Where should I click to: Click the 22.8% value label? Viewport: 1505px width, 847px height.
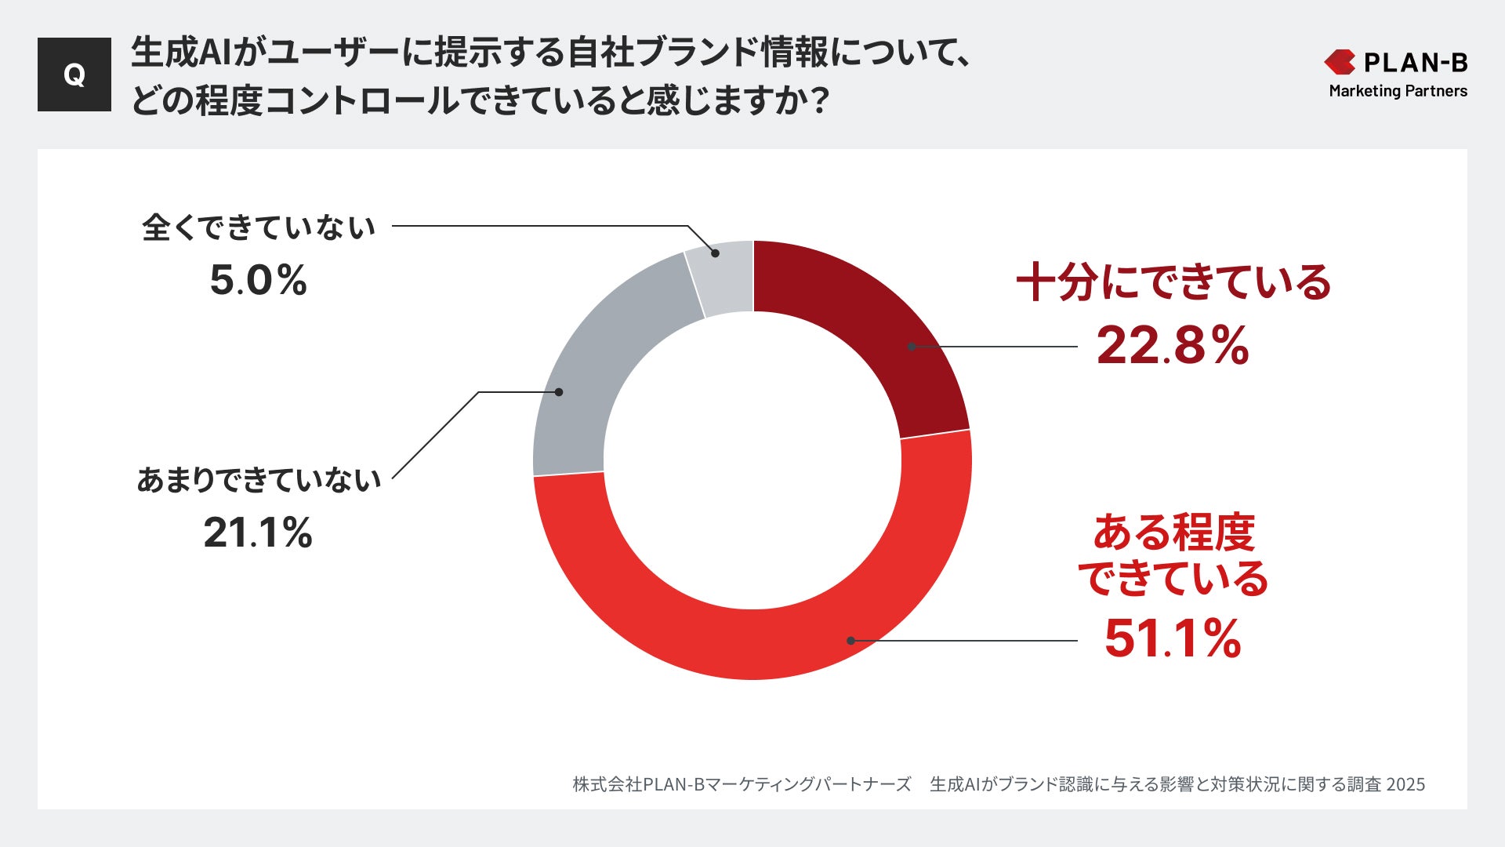coord(1172,346)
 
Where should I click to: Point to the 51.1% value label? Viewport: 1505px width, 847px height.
coord(1172,638)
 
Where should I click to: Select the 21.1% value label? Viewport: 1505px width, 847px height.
coord(258,533)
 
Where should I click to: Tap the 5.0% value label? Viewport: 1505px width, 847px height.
coord(258,280)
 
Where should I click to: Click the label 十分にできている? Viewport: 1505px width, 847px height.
coord(1173,282)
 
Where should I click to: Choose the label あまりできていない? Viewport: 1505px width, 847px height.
coord(259,480)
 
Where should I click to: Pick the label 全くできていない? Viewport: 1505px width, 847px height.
coord(259,227)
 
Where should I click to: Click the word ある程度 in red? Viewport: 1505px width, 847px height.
coord(1173,533)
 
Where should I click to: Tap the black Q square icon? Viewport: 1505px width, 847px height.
coord(74,75)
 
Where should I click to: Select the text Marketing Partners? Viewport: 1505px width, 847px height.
coord(1398,91)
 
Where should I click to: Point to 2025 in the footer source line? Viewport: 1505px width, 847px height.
coord(1405,784)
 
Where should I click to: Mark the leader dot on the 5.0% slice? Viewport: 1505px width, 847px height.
coord(715,253)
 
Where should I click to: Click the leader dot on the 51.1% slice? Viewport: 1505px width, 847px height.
coord(850,641)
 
